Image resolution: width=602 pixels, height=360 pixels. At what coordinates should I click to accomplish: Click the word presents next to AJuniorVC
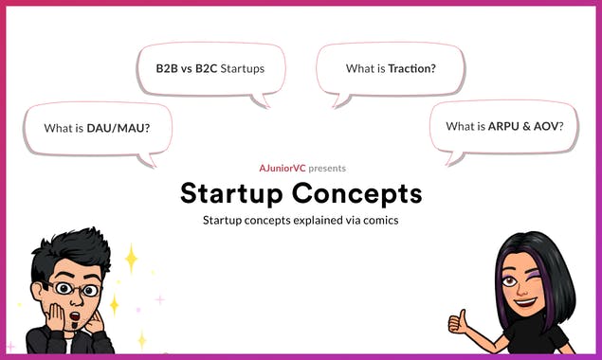tap(327, 168)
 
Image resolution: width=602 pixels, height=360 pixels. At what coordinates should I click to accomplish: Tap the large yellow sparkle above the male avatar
tap(130, 257)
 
